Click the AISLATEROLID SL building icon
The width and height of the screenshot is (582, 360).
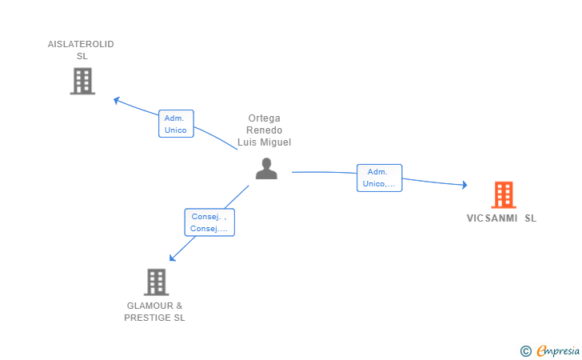tap(82, 81)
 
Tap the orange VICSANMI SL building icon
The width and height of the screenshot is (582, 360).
tap(504, 194)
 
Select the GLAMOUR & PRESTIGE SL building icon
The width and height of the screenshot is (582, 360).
tap(156, 282)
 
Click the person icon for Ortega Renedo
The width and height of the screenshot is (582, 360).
tap(266, 169)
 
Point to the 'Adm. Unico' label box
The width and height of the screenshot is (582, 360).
tap(176, 124)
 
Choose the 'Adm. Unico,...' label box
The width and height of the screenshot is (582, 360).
tap(379, 178)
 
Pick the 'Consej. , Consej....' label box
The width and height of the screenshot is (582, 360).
tap(209, 222)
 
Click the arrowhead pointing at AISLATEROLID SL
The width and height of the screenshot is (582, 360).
tap(117, 100)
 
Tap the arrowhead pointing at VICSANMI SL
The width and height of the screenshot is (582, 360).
tap(464, 185)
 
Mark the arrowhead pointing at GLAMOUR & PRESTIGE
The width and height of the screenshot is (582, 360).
tap(173, 258)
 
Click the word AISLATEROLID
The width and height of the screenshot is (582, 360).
tap(81, 44)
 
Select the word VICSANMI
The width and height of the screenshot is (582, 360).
tap(492, 218)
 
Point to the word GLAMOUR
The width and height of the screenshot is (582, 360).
tap(150, 306)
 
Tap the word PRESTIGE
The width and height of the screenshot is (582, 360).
tap(147, 318)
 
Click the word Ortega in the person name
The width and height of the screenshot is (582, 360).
tap(265, 118)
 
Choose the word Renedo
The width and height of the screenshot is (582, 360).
tap(265, 130)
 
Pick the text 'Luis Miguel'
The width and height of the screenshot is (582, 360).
tap(265, 142)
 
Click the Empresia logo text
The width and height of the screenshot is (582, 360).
tap(558, 350)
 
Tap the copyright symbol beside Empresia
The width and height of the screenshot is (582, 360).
tap(525, 351)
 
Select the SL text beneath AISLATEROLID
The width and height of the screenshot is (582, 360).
tap(82, 56)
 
